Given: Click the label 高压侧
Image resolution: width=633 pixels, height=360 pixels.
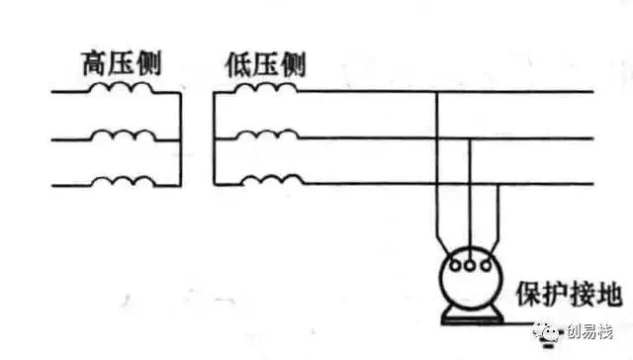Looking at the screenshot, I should pos(120,66).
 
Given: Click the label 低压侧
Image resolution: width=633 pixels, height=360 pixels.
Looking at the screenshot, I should pos(265,66).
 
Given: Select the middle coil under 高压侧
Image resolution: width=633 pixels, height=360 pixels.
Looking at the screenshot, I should pos(121,135).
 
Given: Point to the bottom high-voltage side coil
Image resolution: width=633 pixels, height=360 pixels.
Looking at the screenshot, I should pos(121,181).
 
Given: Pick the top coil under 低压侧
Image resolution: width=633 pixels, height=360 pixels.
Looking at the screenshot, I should pos(265,90).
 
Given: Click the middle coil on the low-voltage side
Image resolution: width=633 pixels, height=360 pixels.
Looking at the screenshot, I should pos(265,135).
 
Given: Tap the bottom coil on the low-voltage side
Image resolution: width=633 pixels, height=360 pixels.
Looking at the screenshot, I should pos(265,181).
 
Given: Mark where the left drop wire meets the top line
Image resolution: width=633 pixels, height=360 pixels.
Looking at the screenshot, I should pos(437,94).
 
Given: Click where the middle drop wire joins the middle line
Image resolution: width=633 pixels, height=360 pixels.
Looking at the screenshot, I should pos(469,139).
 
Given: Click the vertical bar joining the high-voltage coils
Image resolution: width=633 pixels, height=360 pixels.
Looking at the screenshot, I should pos(179,138).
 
